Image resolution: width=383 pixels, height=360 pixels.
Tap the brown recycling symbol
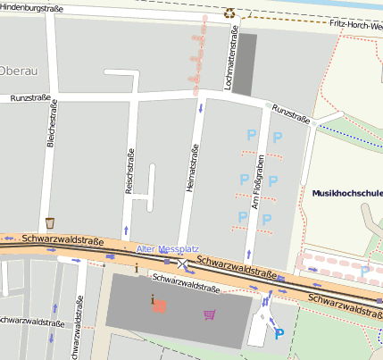tap(229, 13)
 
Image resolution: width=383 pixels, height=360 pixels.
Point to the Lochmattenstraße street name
tap(234, 59)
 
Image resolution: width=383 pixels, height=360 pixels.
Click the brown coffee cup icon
tap(50, 222)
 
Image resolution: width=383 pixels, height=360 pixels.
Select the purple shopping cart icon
tap(210, 314)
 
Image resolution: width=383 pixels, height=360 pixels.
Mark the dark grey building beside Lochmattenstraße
tap(245, 64)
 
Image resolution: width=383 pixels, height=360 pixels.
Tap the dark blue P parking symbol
tap(279, 334)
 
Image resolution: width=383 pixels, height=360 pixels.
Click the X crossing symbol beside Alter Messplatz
tap(183, 264)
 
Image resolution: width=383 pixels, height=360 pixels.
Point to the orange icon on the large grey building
tap(159, 306)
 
